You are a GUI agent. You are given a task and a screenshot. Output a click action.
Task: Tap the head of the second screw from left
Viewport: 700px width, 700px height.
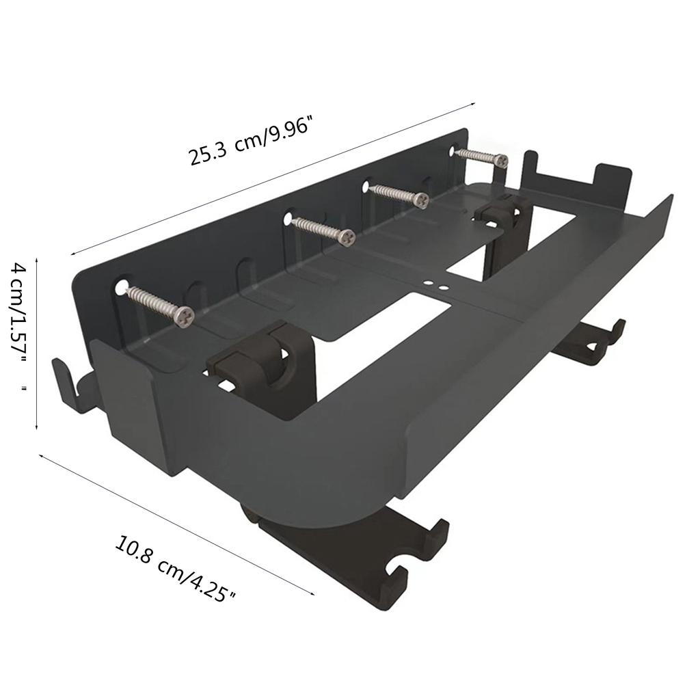pos(347,237)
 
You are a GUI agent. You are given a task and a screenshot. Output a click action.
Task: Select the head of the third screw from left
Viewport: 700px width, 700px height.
pos(421,200)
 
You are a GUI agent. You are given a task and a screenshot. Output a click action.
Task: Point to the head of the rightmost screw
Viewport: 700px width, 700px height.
pos(501,161)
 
